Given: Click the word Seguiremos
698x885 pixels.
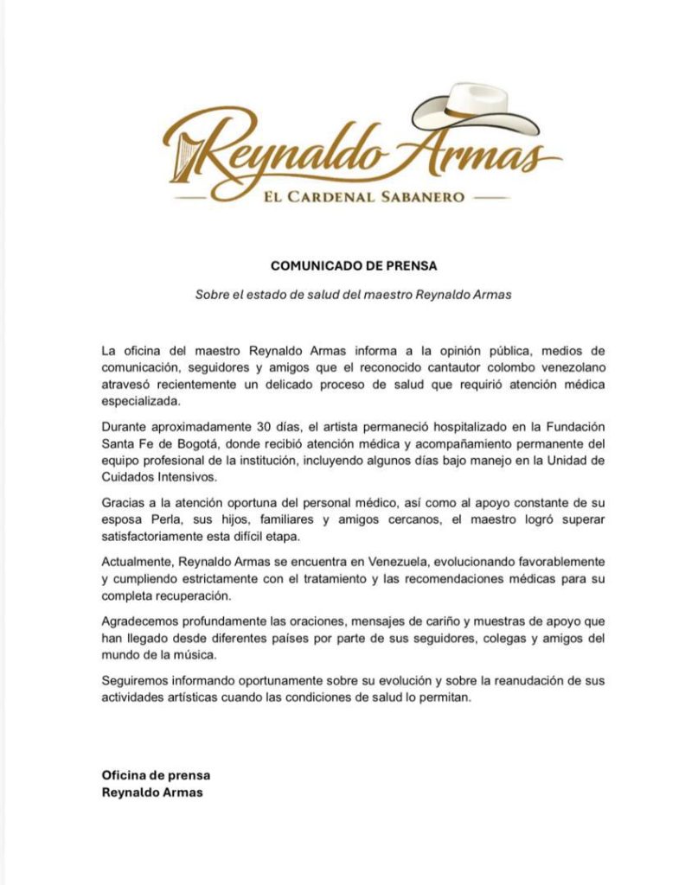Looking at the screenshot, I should click(137, 681).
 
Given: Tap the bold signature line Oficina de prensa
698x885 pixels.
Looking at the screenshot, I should click(156, 775).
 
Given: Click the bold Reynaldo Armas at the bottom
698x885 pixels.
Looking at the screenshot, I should click(152, 792).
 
